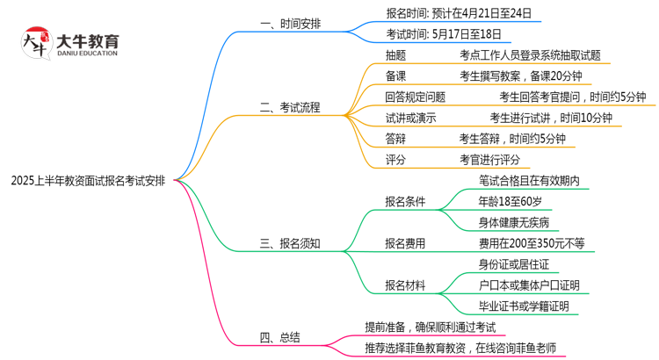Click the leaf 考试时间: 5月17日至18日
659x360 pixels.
444,34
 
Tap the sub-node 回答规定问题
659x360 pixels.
415,97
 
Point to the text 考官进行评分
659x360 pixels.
489,160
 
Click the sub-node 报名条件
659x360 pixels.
405,201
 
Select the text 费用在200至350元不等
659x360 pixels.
532,243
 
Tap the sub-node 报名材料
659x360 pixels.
405,284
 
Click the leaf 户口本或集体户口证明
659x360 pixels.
530,284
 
